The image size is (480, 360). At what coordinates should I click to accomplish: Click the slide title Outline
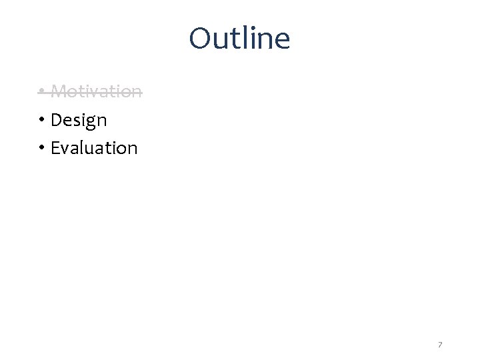(x=239, y=39)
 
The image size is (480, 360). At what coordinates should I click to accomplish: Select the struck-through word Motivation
(x=96, y=91)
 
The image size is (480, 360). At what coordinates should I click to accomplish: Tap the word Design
(x=79, y=120)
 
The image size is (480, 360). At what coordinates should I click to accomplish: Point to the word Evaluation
(x=94, y=147)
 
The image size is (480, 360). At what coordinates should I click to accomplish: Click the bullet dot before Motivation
(x=41, y=91)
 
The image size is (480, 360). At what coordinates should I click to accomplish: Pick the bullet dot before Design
(x=41, y=121)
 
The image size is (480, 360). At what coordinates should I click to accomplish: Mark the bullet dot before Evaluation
(x=41, y=148)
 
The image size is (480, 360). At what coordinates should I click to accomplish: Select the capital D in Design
(x=56, y=120)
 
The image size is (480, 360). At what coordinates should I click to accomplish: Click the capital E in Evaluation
(x=55, y=147)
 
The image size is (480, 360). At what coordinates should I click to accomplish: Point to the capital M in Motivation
(x=59, y=91)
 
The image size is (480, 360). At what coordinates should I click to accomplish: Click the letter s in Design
(x=75, y=121)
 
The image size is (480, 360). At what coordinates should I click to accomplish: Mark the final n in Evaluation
(x=132, y=149)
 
